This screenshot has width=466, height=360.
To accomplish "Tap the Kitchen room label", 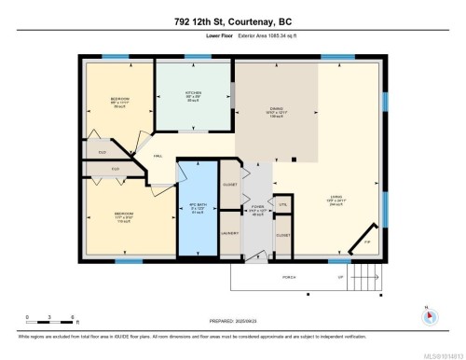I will pyautogui.click(x=193, y=93).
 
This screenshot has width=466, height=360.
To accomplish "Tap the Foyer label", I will pyautogui.click(x=258, y=209).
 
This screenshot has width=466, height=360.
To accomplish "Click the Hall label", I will pyautogui.click(x=158, y=157).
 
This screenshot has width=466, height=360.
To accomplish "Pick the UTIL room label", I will pyautogui.click(x=281, y=204).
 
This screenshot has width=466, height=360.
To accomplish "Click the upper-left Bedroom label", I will pyautogui.click(x=119, y=99).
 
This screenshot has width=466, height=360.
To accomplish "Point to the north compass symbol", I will pyautogui.click(x=428, y=314).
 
